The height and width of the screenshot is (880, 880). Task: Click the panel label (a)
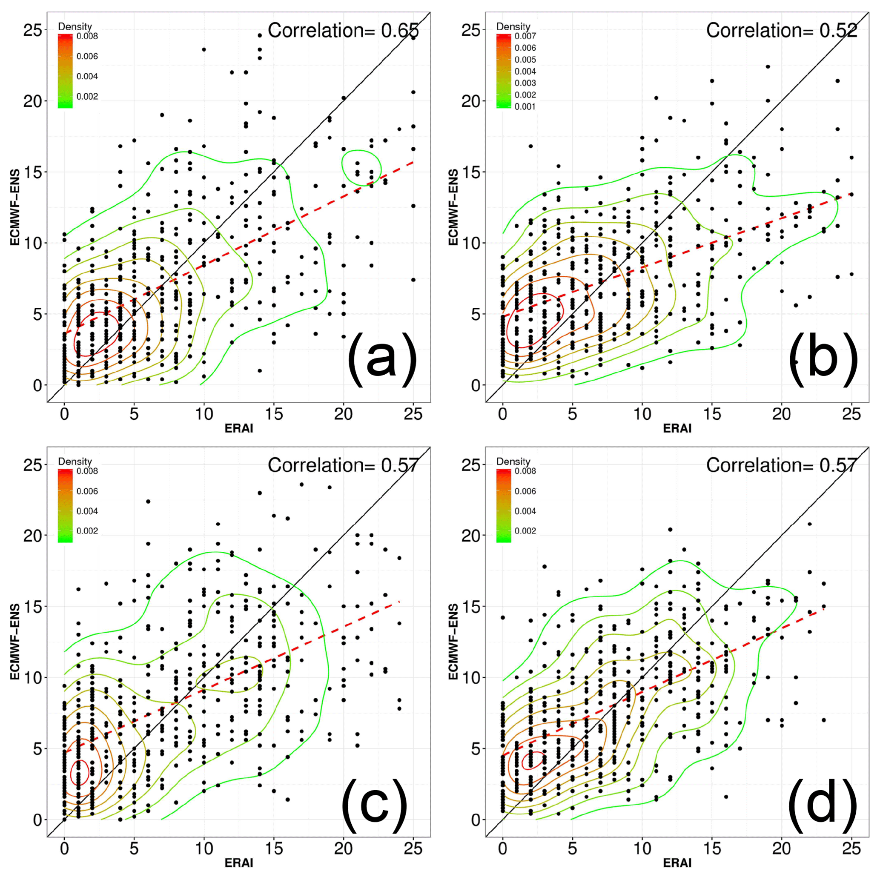pyautogui.click(x=382, y=360)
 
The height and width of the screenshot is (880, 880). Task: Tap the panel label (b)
pyautogui.click(x=823, y=360)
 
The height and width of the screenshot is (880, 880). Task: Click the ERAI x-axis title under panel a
pyautogui.click(x=239, y=428)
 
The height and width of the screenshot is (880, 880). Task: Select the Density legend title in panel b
pyautogui.click(x=513, y=26)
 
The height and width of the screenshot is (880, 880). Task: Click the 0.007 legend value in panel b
pyautogui.click(x=525, y=36)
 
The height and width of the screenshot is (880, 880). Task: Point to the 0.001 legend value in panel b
pyautogui.click(x=525, y=106)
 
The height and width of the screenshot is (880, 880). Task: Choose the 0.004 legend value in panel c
pyautogui.click(x=87, y=511)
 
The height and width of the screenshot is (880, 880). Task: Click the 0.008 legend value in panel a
pyautogui.click(x=87, y=36)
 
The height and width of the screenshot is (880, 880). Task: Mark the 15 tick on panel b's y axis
pyautogui.click(x=472, y=172)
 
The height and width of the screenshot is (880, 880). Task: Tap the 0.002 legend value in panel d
pyautogui.click(x=525, y=531)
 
